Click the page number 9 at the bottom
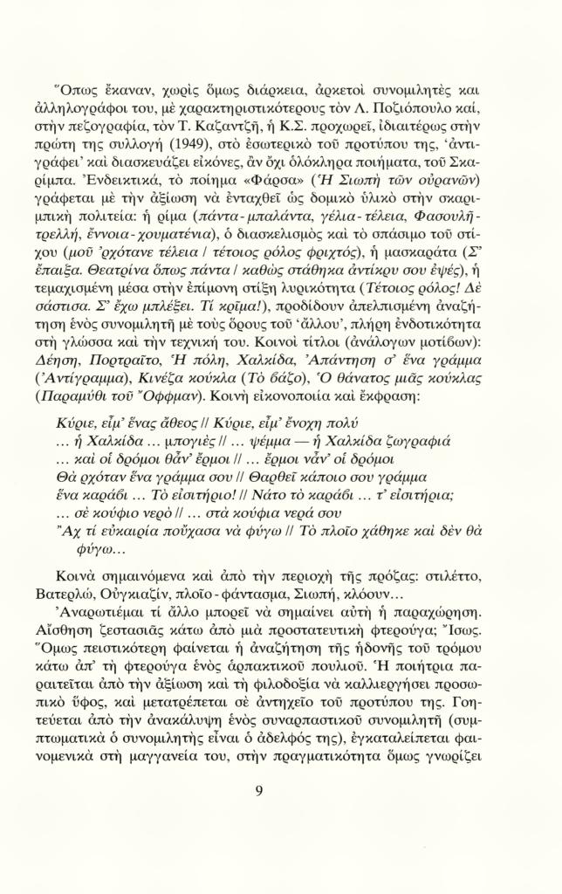tap(259, 791)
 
